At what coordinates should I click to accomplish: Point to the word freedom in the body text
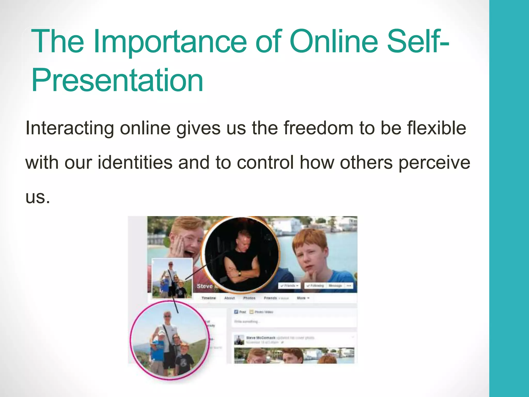(x=318, y=128)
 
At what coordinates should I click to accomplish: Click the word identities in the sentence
(x=135, y=163)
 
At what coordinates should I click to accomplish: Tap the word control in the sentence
(x=265, y=163)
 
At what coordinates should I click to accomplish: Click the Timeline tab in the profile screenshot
(x=208, y=298)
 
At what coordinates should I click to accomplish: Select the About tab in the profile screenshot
(x=229, y=298)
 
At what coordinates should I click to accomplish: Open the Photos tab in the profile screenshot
(x=249, y=298)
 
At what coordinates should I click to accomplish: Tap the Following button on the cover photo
(x=315, y=286)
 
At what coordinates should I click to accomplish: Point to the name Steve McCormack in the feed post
(x=261, y=338)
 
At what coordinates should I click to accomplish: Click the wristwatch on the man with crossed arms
(x=240, y=273)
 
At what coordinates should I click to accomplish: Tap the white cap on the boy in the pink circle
(x=161, y=333)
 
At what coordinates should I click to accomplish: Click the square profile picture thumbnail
(x=172, y=278)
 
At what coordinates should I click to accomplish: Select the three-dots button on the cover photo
(x=349, y=286)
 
